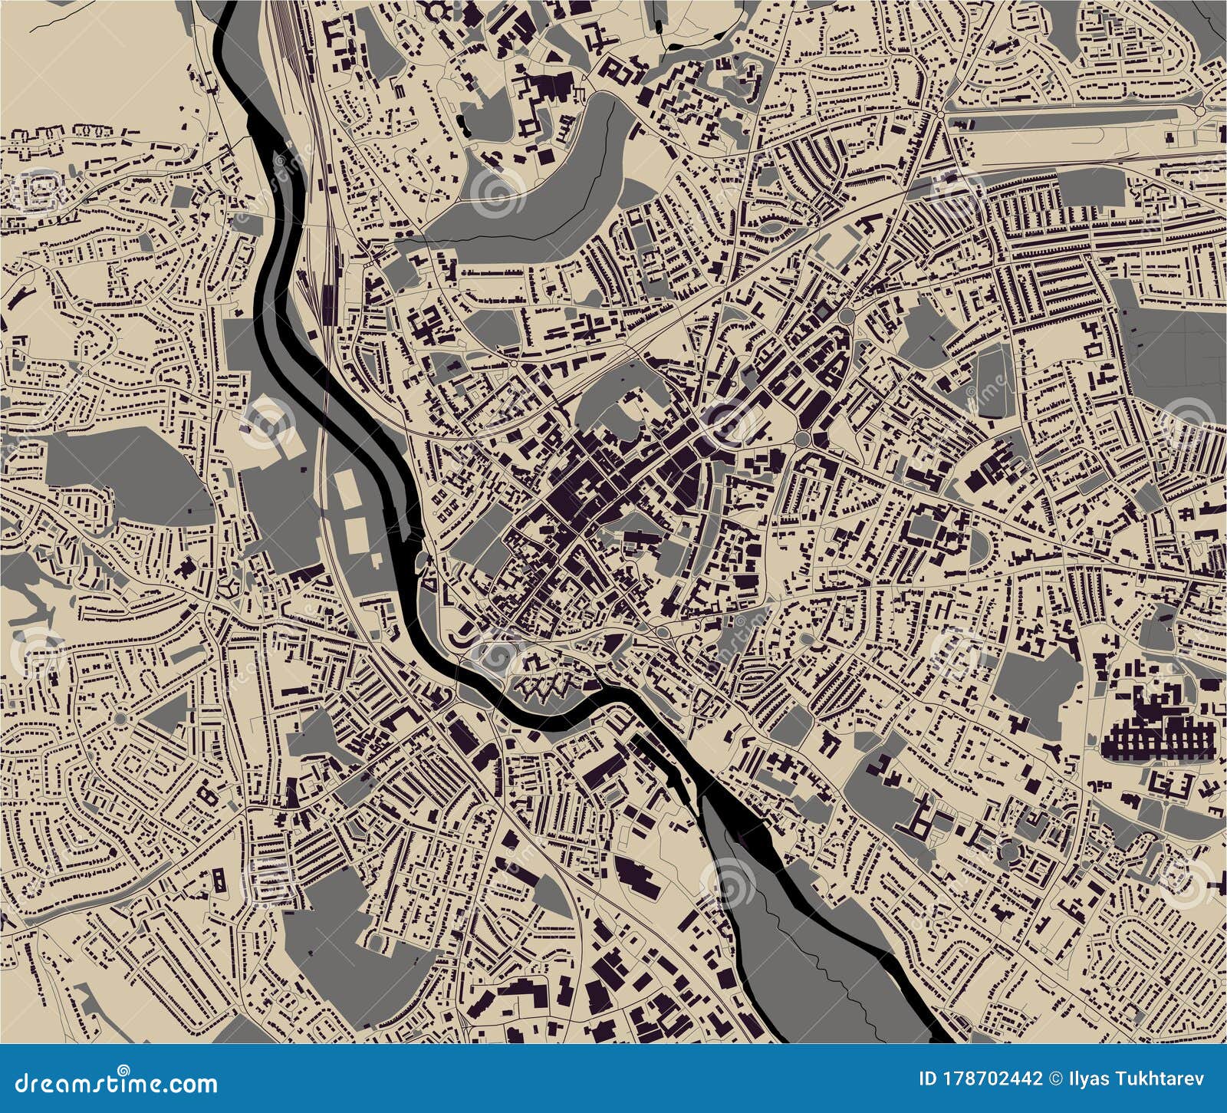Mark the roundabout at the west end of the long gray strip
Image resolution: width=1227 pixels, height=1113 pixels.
pyautogui.click(x=939, y=115)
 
